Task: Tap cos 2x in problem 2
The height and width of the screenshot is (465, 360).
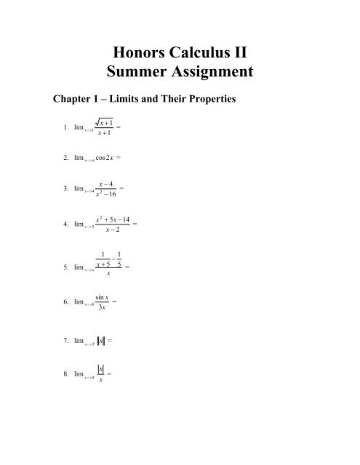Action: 104,157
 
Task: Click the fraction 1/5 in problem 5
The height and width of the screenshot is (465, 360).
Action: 118,262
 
